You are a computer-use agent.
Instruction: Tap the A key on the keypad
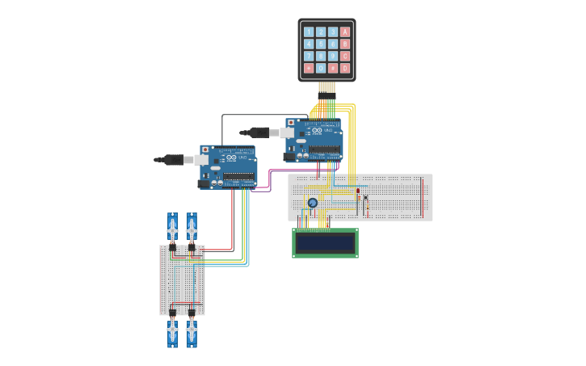click(x=345, y=32)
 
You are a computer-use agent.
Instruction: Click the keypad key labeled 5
click(x=321, y=44)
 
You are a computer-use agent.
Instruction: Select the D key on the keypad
click(x=345, y=69)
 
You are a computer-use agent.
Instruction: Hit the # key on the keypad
click(x=333, y=69)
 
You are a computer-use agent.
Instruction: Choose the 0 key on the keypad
click(x=321, y=69)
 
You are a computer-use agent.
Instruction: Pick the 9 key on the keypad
click(x=333, y=57)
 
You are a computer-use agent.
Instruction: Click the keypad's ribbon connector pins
click(x=327, y=87)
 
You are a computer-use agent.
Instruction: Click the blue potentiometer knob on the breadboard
click(x=313, y=203)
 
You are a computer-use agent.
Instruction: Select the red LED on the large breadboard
click(x=358, y=191)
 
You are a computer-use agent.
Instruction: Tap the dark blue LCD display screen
click(x=325, y=242)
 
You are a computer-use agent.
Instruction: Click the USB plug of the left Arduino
click(x=173, y=160)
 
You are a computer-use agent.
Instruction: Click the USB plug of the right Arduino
click(x=258, y=132)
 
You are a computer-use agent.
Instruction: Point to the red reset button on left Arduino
click(x=205, y=149)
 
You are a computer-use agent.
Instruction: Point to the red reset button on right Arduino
click(x=290, y=123)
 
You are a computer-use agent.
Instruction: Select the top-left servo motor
click(x=172, y=229)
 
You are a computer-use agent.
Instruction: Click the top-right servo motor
click(x=192, y=229)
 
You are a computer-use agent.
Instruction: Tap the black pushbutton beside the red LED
click(x=365, y=198)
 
